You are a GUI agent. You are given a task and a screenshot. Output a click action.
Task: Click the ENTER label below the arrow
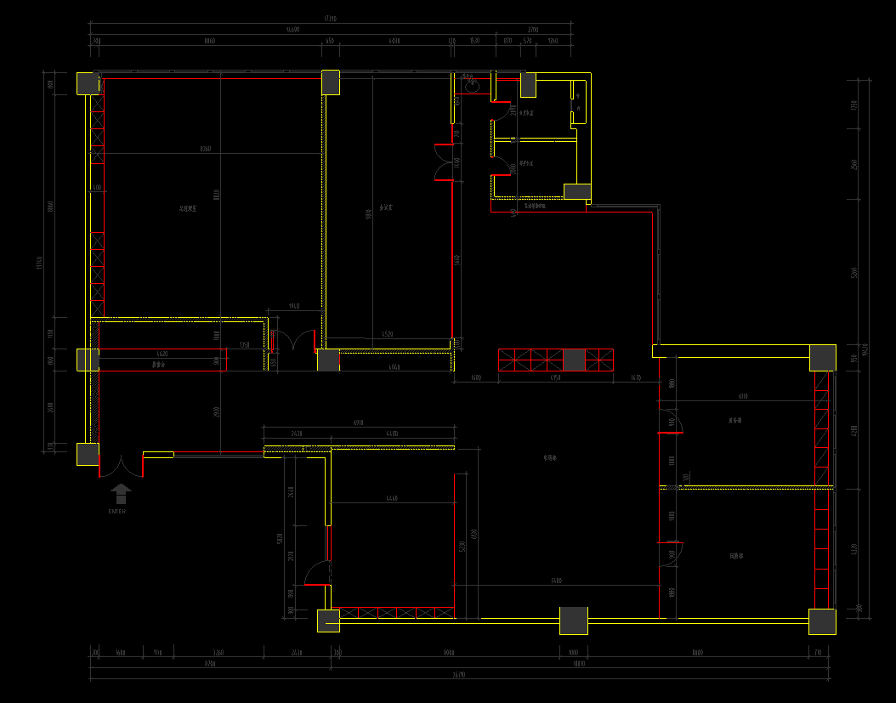click(117, 512)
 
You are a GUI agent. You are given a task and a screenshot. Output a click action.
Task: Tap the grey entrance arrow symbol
click(122, 494)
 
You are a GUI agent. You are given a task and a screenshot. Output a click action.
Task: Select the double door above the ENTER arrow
click(122, 466)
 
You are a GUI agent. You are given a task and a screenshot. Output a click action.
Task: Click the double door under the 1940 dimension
click(293, 341)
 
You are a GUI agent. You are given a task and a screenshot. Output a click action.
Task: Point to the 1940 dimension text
click(293, 306)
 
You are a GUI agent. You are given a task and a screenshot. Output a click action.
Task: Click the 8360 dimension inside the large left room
click(205, 150)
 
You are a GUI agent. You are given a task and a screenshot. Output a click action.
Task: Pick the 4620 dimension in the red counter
click(162, 353)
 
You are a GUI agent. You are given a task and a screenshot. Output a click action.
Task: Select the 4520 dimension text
click(388, 335)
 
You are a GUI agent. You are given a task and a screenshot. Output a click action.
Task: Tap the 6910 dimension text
click(359, 423)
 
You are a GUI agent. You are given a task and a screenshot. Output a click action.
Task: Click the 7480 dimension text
click(556, 581)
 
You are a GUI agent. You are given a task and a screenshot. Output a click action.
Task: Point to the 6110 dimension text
click(743, 397)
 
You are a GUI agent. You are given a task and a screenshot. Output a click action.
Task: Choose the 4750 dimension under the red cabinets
click(555, 377)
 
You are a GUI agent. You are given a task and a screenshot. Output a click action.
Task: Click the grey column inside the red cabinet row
click(575, 360)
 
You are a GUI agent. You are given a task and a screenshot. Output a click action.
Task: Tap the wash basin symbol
click(473, 86)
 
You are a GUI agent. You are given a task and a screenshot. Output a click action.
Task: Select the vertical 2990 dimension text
click(217, 412)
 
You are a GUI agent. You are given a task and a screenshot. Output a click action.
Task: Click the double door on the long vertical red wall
click(444, 162)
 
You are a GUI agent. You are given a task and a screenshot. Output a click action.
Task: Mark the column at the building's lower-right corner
click(822, 621)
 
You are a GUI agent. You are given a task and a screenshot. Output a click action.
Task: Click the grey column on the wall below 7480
click(573, 621)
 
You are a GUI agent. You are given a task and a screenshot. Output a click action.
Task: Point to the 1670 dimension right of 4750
click(636, 377)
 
